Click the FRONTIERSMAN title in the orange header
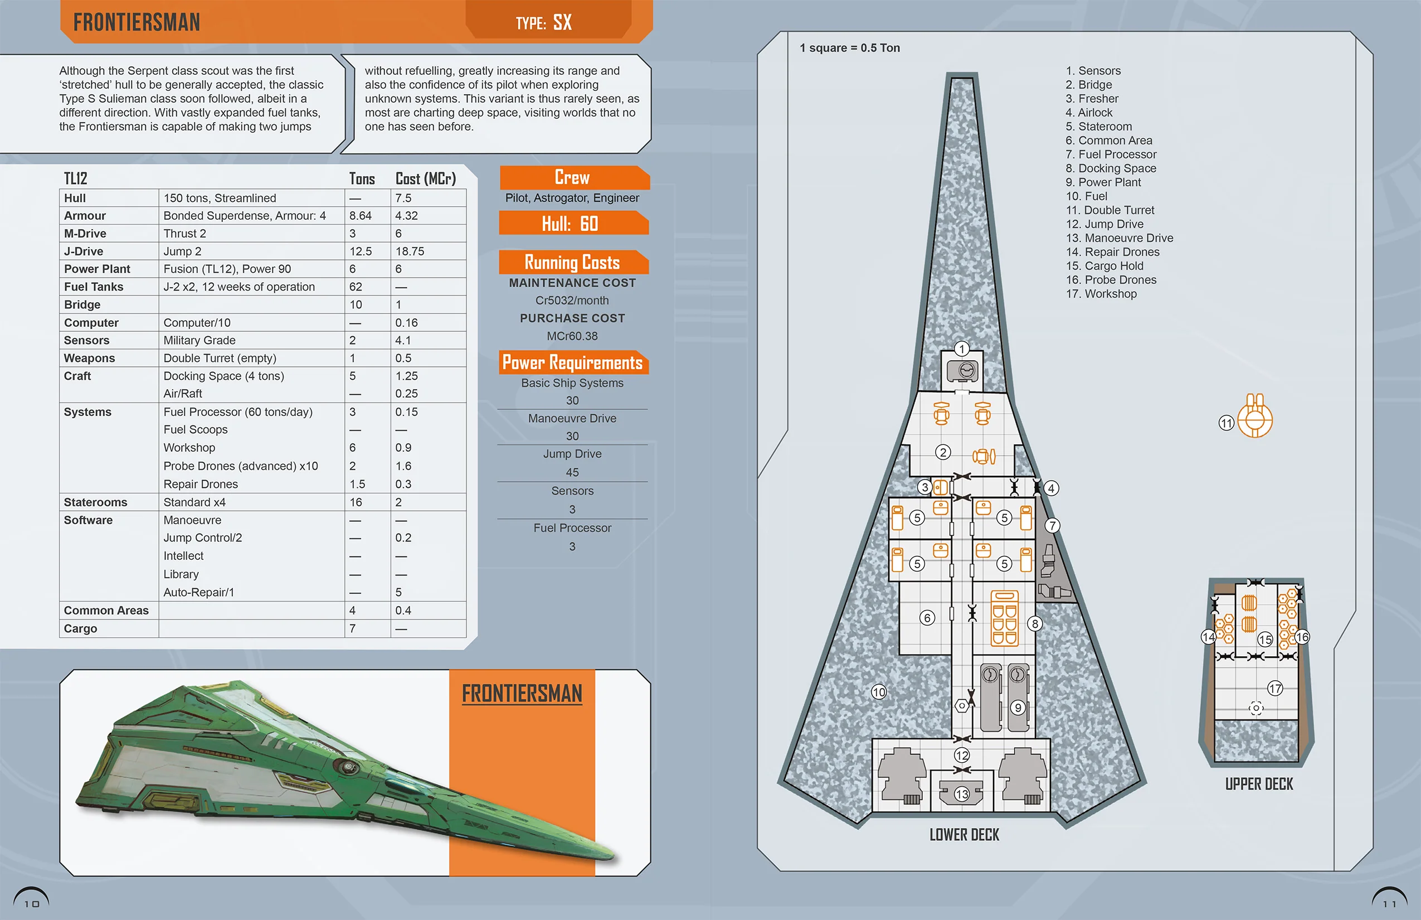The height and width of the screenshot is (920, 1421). (x=137, y=23)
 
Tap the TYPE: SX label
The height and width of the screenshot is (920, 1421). (x=544, y=23)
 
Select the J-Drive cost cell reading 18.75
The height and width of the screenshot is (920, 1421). (x=410, y=251)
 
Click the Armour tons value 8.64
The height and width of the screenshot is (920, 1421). (x=361, y=216)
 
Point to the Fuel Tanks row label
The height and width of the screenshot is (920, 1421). (x=94, y=287)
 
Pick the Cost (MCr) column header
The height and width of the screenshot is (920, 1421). (x=426, y=178)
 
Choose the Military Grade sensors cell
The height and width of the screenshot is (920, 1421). (x=199, y=341)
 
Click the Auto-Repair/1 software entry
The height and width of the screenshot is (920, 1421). (x=199, y=593)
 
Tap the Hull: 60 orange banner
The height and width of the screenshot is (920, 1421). (x=572, y=224)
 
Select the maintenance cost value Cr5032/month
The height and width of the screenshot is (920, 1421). (x=572, y=301)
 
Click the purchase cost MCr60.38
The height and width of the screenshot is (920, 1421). (x=572, y=336)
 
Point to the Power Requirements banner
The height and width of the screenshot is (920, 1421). (x=572, y=362)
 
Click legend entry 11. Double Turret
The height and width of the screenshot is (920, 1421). (x=1110, y=210)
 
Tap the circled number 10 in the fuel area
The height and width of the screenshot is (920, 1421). (x=879, y=693)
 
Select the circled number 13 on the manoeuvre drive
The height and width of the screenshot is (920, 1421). (x=962, y=794)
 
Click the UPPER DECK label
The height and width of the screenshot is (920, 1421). (x=1259, y=785)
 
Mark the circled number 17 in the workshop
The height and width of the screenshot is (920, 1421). (x=1276, y=689)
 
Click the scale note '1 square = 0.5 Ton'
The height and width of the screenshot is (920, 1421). (x=850, y=48)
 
